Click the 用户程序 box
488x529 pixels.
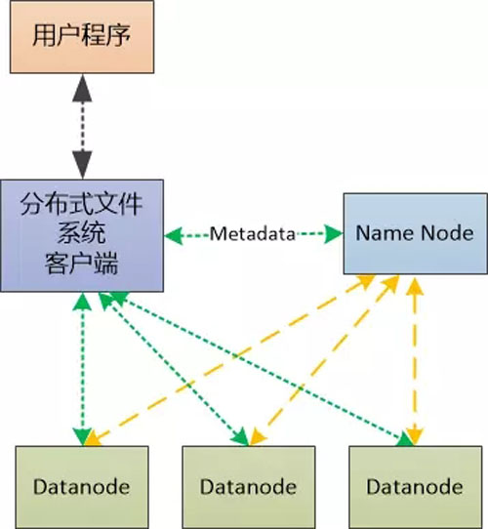pos(82,36)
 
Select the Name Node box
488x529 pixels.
pos(416,233)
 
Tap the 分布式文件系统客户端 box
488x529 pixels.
pos(82,235)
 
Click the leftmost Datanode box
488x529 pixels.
pos(82,487)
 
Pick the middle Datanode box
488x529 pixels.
pos(249,487)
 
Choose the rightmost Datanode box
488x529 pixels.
pos(416,487)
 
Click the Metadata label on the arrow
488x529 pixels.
pos(253,233)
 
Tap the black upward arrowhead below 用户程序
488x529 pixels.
pos(82,88)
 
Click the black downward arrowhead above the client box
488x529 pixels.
pos(82,165)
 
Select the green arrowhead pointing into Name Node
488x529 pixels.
pos(334,233)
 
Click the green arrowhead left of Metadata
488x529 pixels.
pos(174,235)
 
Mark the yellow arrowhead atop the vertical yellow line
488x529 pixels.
pos(415,287)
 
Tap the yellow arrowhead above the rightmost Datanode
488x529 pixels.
pos(415,437)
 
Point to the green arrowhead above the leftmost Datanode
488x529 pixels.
pos(82,437)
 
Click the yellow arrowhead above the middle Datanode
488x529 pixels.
pos(257,437)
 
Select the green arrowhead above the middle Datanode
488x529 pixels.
pos(241,436)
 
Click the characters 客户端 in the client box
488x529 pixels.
pos(82,264)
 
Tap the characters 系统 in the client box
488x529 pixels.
pos(82,233)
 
